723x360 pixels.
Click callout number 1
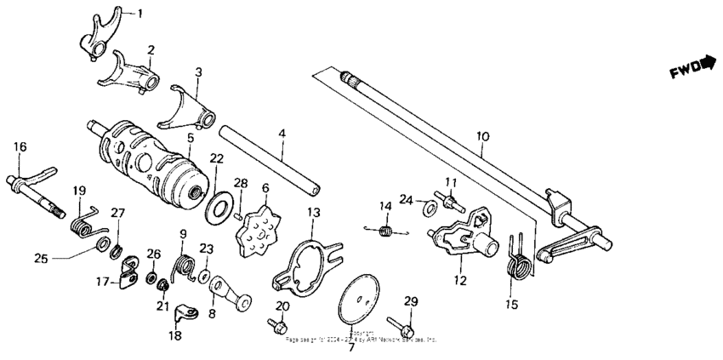click(x=140, y=13)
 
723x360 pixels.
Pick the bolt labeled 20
click(x=278, y=323)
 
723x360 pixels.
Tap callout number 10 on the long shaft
click(x=482, y=136)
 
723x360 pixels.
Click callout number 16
click(x=20, y=146)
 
